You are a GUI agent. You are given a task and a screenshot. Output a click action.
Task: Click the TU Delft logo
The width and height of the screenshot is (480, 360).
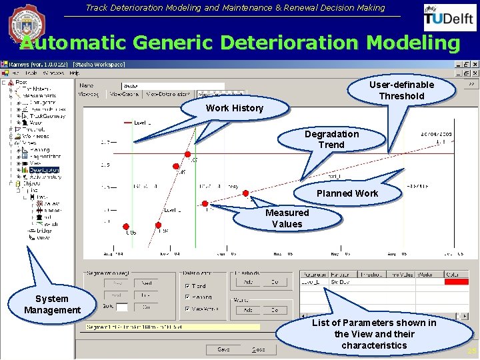pos(450,18)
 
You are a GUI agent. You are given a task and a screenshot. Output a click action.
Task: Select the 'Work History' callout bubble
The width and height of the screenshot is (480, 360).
pos(234,108)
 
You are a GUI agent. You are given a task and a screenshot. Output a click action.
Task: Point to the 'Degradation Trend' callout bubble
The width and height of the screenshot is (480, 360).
pos(331,139)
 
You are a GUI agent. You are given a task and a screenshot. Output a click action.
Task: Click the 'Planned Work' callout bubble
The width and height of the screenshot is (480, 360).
pos(347,193)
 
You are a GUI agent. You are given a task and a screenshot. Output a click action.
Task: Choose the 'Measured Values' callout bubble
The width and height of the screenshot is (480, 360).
pos(287,218)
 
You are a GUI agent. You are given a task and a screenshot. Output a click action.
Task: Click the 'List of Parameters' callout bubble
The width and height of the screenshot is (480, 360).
pos(373,333)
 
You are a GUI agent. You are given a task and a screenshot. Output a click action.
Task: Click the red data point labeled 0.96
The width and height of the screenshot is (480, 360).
pos(125,227)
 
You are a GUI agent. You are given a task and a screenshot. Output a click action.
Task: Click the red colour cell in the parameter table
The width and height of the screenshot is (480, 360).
pos(457,282)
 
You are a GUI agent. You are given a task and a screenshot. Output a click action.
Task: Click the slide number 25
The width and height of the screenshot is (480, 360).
pos(471,351)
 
